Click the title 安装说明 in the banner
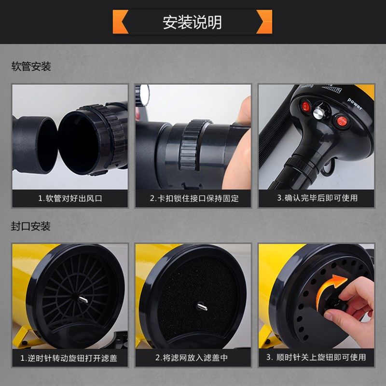point(193,22)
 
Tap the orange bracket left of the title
point(120,22)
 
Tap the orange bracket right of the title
point(264,22)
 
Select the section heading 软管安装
point(31,67)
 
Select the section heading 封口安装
point(31,226)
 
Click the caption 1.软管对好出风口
point(70,198)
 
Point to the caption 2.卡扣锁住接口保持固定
point(193,198)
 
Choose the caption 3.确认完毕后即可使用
point(317,198)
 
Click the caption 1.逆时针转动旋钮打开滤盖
point(70,358)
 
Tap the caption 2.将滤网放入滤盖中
point(193,358)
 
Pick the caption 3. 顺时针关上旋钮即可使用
point(317,358)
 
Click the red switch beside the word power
point(342,120)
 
